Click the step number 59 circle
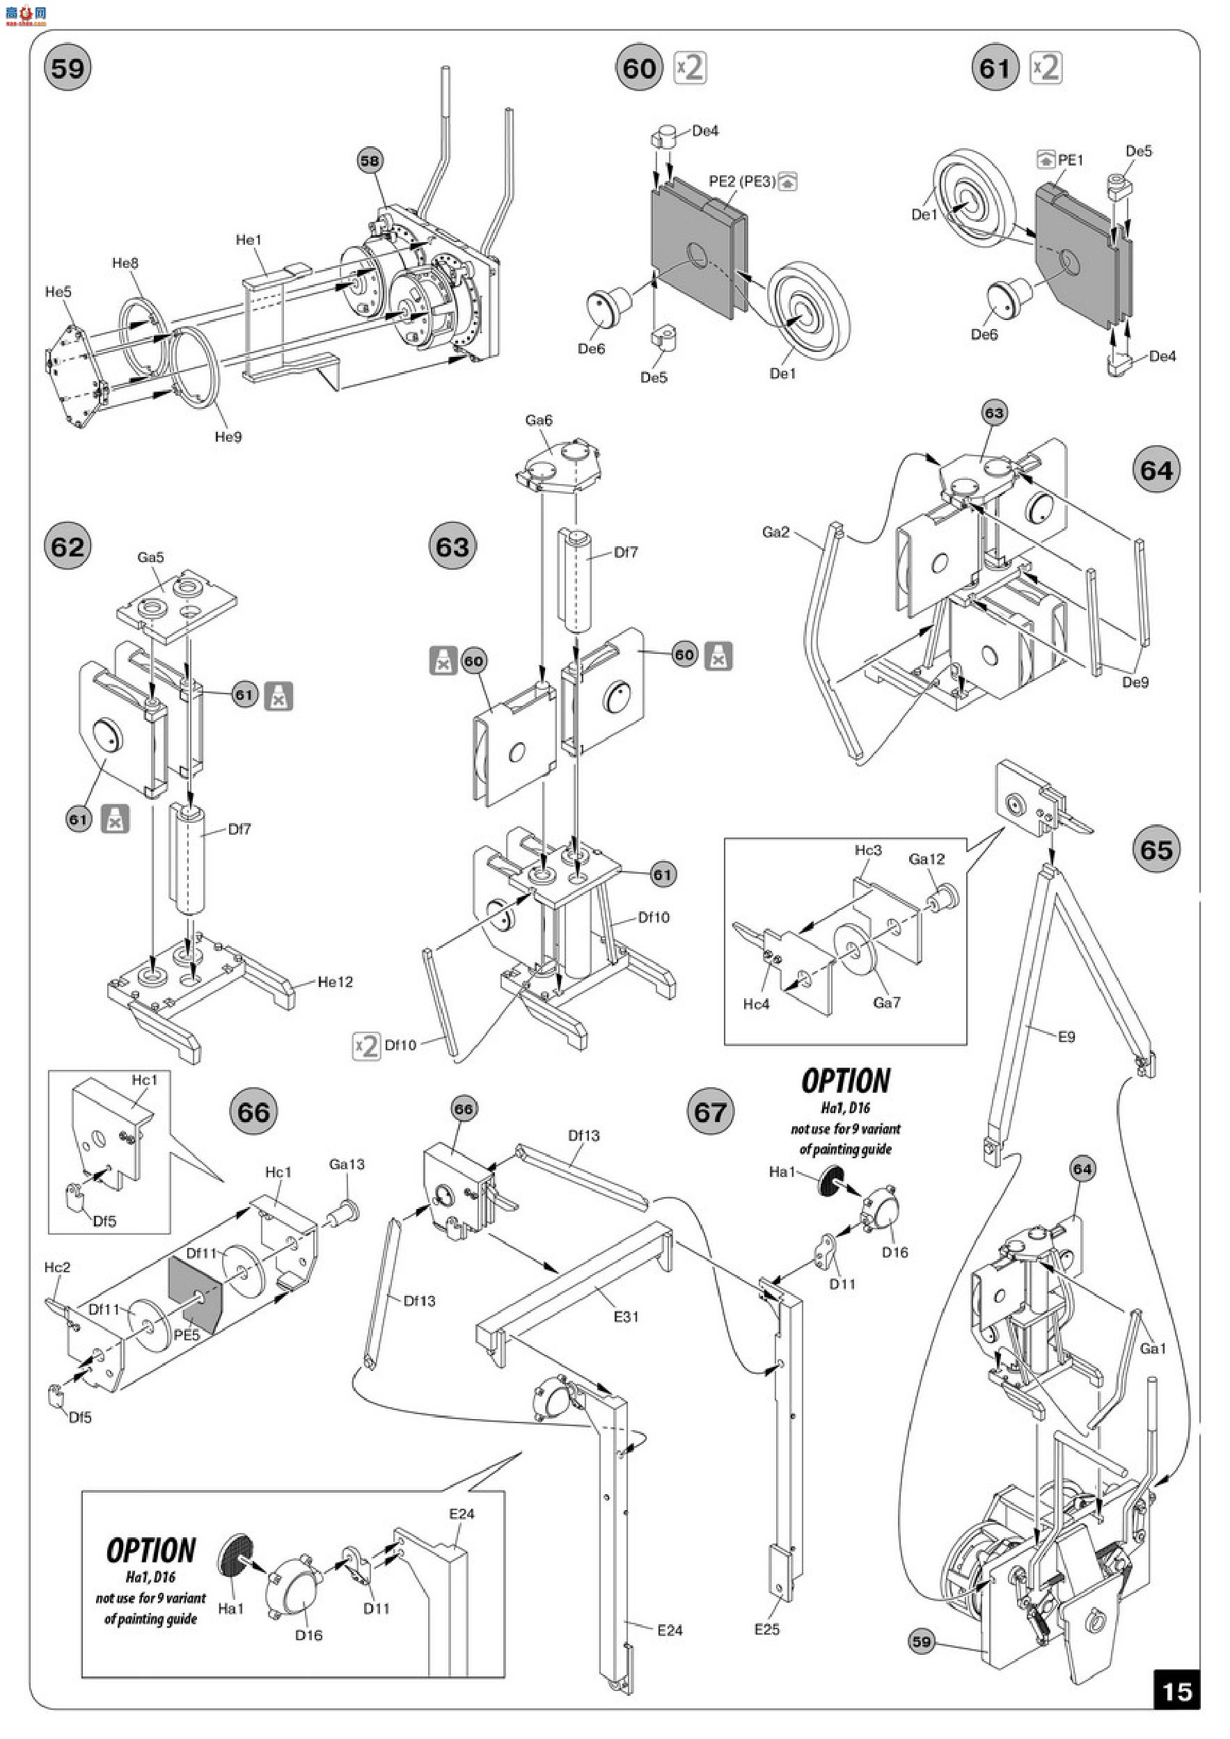click(x=68, y=69)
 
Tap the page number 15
click(x=1177, y=1690)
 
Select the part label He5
click(x=58, y=291)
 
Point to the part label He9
click(x=228, y=437)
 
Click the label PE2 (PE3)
click(x=742, y=182)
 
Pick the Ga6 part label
click(x=539, y=419)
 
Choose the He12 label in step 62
click(x=335, y=981)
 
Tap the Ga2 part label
click(x=775, y=531)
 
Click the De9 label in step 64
click(x=1135, y=682)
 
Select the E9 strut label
click(x=1066, y=1037)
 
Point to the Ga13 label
click(x=347, y=1164)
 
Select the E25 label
click(x=767, y=1628)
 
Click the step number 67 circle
click(x=710, y=1113)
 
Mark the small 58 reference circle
click(x=370, y=161)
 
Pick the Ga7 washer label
click(x=887, y=1003)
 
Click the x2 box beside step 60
click(x=691, y=68)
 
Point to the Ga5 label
click(x=150, y=557)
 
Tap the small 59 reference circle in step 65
click(x=921, y=1642)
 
